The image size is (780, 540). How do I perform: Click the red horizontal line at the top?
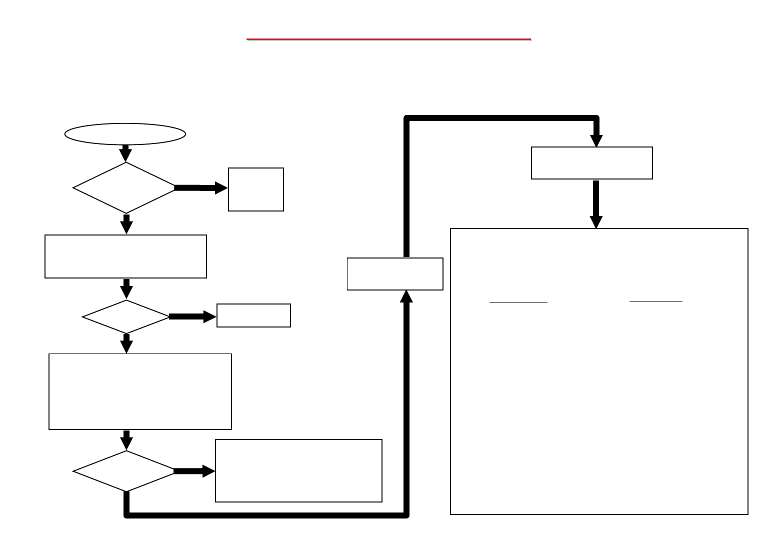(388, 39)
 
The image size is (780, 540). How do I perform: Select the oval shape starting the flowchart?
(125, 134)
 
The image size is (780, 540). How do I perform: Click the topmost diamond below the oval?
(124, 188)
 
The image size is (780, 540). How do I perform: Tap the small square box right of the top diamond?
(256, 189)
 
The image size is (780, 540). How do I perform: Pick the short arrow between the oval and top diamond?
(126, 153)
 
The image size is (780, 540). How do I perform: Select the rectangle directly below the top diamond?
(125, 256)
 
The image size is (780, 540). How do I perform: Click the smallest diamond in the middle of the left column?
(126, 316)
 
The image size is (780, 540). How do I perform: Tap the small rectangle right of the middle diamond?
(253, 315)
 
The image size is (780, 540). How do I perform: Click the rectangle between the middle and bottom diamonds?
(140, 391)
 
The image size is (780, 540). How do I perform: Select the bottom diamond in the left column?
(124, 471)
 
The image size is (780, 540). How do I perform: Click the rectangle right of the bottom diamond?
(298, 470)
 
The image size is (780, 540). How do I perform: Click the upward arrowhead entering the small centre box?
(406, 296)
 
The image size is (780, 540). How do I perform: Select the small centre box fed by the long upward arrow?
(395, 274)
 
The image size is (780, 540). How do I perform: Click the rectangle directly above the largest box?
(592, 163)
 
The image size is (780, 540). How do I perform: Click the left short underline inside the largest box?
(518, 302)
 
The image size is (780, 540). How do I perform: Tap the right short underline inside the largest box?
(655, 301)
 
